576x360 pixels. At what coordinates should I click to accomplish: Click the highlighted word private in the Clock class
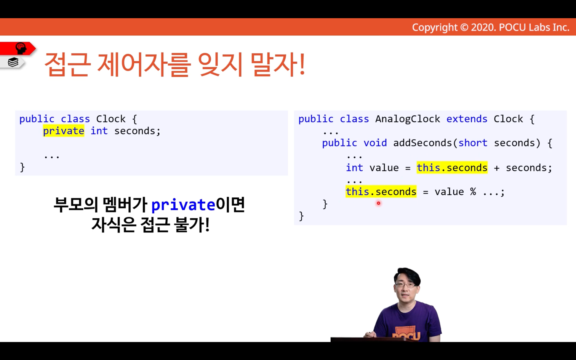[64, 131]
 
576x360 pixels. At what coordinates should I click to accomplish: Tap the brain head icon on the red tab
[21, 48]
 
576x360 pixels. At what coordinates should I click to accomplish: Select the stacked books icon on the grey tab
[13, 62]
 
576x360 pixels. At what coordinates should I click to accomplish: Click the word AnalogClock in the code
[408, 119]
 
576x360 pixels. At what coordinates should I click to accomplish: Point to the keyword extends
[467, 119]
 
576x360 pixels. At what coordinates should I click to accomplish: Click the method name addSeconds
[422, 143]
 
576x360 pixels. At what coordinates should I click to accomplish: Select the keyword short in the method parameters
[473, 143]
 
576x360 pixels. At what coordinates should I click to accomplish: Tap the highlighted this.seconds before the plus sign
[452, 168]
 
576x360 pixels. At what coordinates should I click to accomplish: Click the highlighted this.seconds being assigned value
[381, 192]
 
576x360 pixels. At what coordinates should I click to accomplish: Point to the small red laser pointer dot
[379, 203]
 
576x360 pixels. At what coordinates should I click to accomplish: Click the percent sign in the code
[473, 192]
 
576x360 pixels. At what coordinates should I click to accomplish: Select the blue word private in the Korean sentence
[183, 205]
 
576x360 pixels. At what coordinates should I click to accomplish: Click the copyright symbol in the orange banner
[464, 27]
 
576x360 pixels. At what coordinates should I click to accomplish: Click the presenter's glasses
[406, 285]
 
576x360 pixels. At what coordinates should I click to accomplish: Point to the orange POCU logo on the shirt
[406, 333]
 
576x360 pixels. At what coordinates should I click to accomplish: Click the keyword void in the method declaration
[375, 143]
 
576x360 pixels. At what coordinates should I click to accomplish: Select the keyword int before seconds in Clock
[99, 131]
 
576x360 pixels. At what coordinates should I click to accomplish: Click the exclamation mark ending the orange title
[302, 64]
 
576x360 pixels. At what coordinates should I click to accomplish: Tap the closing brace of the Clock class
[22, 167]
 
